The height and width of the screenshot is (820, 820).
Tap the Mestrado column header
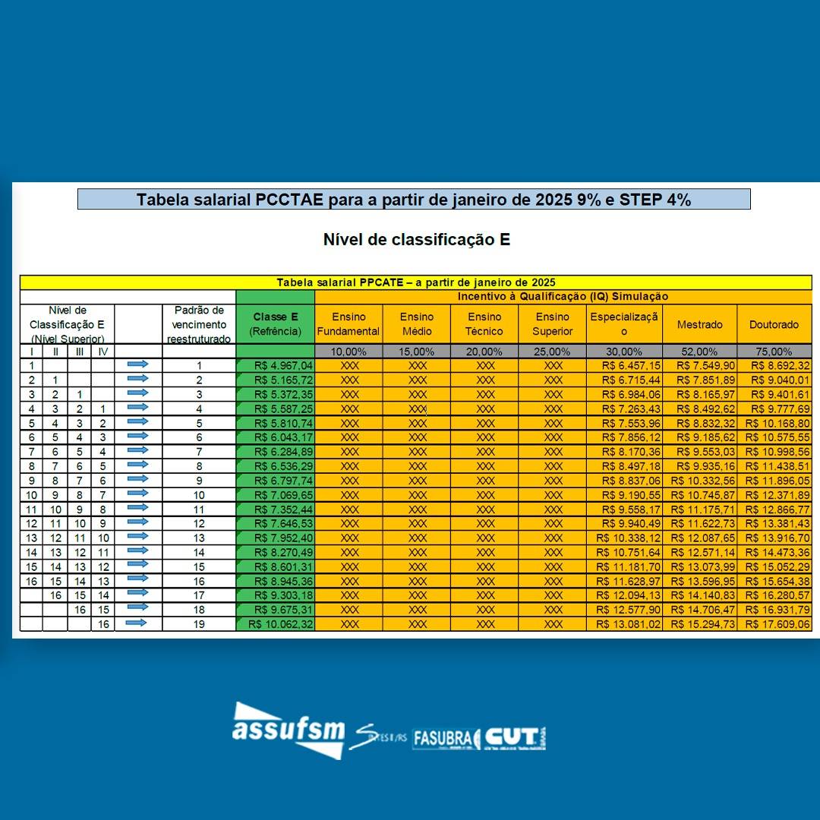(x=699, y=325)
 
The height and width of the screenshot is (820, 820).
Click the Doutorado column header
(x=774, y=325)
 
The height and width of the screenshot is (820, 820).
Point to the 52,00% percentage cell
(x=699, y=352)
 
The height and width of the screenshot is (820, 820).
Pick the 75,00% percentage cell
(x=774, y=352)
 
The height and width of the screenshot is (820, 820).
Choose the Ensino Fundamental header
(x=348, y=324)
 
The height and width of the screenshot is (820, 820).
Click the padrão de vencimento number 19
(x=199, y=624)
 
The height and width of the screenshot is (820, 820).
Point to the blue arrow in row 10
(x=137, y=494)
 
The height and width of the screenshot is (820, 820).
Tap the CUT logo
(x=514, y=737)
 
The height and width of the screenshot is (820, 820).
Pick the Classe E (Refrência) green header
(x=275, y=324)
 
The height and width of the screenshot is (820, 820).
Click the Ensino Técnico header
(x=484, y=324)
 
